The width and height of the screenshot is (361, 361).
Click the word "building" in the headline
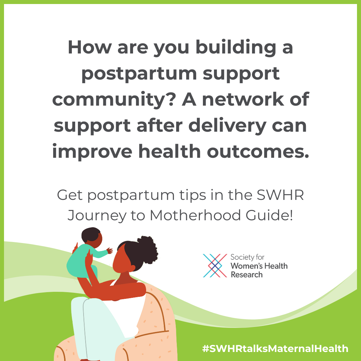coord(236,48)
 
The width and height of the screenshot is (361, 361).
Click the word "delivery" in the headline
coord(228,126)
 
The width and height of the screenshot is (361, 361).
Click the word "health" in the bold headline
coord(169,151)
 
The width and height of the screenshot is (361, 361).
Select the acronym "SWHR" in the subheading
coord(280,195)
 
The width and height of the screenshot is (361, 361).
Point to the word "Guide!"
coord(269,215)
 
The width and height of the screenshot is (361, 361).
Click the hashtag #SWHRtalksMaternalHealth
coord(275,349)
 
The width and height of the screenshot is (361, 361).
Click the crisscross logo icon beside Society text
coord(215,266)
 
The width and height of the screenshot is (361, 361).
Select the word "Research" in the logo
coord(247,275)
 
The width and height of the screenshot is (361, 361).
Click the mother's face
coord(122,259)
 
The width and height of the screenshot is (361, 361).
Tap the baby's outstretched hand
coord(110,250)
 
